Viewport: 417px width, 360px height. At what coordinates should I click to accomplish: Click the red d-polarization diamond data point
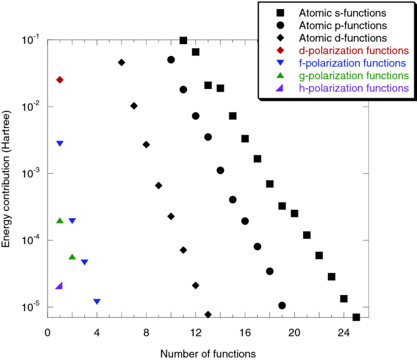[x=60, y=80]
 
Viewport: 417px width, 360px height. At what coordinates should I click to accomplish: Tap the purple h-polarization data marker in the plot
[x=59, y=286]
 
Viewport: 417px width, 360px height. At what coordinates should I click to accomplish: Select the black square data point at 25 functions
[x=356, y=317]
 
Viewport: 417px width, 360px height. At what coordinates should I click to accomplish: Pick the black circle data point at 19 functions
[x=282, y=306]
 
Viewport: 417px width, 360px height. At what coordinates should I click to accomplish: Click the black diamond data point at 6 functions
[x=122, y=63]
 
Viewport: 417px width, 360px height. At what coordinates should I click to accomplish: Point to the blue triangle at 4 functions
[x=97, y=302]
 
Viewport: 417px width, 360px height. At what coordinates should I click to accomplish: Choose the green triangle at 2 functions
[x=72, y=257]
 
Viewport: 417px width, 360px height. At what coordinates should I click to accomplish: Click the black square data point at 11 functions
[x=183, y=41]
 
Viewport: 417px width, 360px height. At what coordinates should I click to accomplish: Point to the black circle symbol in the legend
[x=280, y=26]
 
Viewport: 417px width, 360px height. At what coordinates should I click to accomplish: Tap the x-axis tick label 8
[x=147, y=332]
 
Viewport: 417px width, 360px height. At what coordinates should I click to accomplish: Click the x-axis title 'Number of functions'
[x=208, y=353]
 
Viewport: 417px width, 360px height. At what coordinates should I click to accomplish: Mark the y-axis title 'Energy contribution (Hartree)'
[x=7, y=179]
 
